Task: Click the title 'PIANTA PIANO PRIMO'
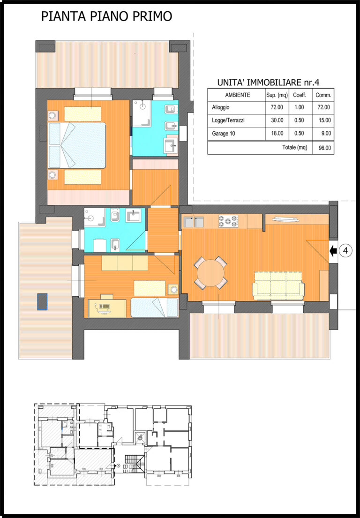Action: tap(106, 16)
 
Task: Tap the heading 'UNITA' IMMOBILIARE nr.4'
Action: tap(268, 82)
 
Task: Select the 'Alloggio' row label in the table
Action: tap(221, 107)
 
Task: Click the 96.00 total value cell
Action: tap(325, 148)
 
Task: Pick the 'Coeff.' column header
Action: tap(300, 95)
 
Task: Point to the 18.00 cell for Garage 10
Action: tap(277, 134)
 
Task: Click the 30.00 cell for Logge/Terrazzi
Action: tap(277, 120)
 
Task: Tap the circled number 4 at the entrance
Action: tap(345, 251)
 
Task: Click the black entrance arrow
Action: tap(333, 251)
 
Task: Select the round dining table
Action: tap(211, 273)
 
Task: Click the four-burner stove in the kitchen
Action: tap(228, 221)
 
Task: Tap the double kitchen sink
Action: tap(194, 222)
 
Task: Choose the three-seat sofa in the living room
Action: tap(278, 286)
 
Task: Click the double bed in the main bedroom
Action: tap(77, 146)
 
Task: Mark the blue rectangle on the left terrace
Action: tap(42, 301)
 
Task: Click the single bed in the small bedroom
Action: tap(155, 308)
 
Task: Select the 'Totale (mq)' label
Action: tap(294, 147)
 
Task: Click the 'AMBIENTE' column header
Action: tap(238, 95)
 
